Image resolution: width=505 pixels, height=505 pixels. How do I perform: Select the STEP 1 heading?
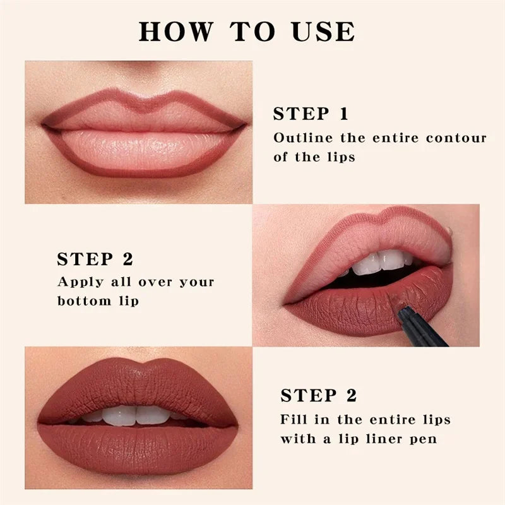[x=311, y=114]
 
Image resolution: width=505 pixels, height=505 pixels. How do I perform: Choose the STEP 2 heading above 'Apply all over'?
[x=95, y=259]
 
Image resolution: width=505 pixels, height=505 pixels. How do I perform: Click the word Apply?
[x=81, y=282]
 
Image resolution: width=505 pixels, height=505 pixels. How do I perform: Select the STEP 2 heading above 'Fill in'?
[x=319, y=396]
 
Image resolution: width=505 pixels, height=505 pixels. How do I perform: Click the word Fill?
[x=295, y=419]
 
